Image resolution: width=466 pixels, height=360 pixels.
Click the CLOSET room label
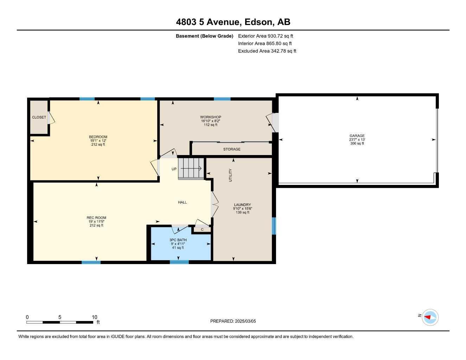pos(39,117)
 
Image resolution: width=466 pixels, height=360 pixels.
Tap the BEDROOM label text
pos(98,137)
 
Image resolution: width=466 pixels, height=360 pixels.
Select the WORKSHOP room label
pos(210,117)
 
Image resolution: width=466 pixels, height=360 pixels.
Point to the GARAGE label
pos(357,136)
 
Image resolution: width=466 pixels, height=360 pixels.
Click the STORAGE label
pos(232,149)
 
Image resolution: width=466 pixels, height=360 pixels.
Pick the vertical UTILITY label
pos(230,175)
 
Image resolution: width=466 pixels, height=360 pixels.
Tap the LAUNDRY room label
pos(242,205)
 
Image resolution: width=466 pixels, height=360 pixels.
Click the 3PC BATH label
pos(178,240)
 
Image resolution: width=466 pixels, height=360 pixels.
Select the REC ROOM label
pos(96,218)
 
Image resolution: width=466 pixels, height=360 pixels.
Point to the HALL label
pos(182,202)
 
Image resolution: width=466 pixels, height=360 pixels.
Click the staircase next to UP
pos(191,169)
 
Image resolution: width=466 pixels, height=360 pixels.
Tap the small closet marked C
pos(202,230)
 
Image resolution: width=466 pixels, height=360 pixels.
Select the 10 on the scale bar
pos(94,317)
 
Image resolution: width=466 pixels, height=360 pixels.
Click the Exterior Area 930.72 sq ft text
pos(266,36)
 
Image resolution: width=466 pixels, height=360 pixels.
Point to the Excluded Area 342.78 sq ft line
pos(267,51)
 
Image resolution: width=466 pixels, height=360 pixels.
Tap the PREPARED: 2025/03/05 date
pos(233,321)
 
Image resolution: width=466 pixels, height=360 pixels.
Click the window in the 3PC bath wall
pos(179,262)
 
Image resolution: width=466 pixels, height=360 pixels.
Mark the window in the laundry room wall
pos(274,226)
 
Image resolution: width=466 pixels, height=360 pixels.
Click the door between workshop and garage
pos(273,123)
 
